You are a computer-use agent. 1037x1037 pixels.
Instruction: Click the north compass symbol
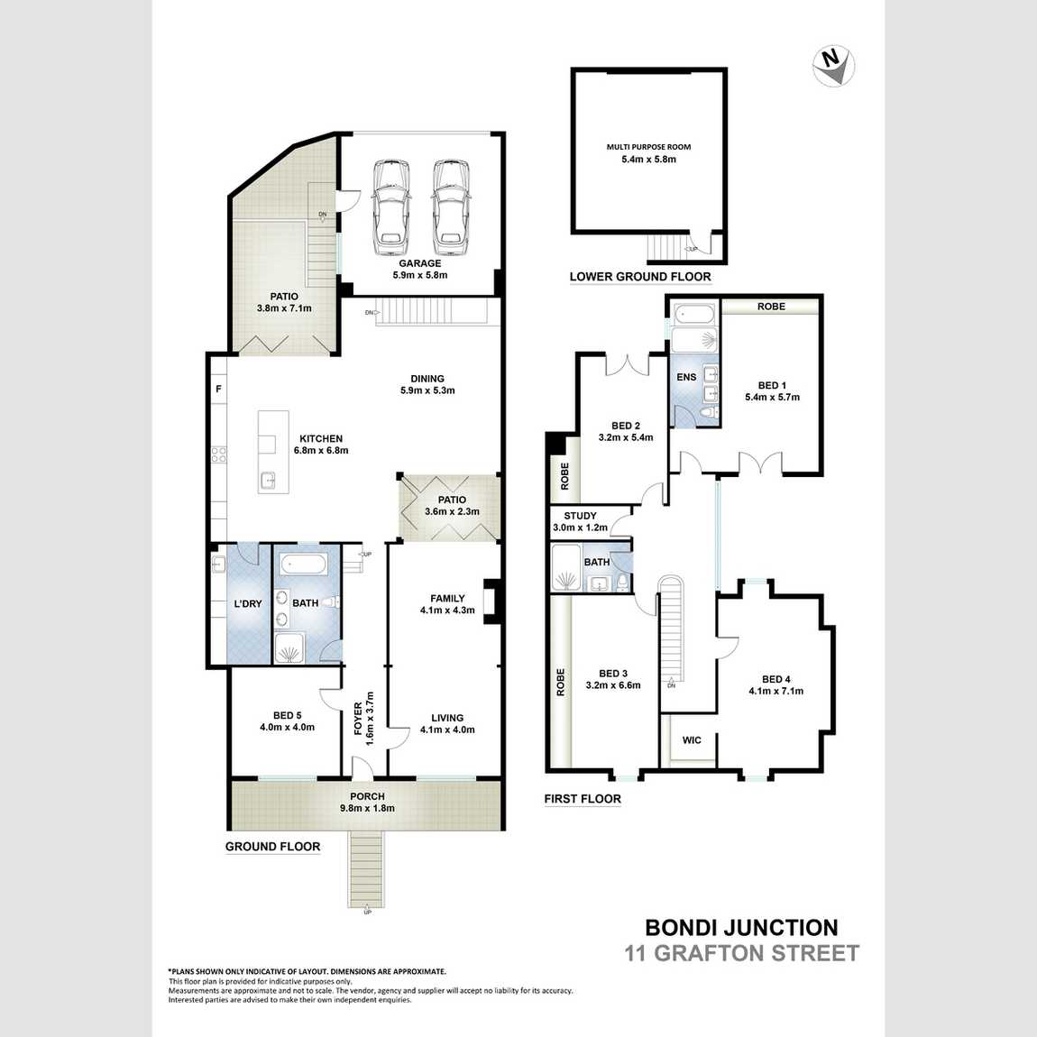click(x=833, y=66)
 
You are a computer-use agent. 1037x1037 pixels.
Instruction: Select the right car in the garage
click(x=451, y=207)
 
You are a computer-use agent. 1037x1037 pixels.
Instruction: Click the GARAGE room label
click(x=420, y=263)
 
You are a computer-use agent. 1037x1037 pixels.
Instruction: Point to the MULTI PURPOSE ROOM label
click(x=648, y=147)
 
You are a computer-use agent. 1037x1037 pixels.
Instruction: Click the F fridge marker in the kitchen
click(x=219, y=390)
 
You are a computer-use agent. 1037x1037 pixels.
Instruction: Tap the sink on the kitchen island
click(x=267, y=481)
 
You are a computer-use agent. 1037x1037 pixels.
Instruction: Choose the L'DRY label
click(x=248, y=604)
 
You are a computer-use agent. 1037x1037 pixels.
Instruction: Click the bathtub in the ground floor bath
click(x=304, y=564)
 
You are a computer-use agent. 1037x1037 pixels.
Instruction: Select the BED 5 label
click(x=287, y=716)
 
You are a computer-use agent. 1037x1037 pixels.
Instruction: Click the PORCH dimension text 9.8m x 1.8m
click(x=367, y=808)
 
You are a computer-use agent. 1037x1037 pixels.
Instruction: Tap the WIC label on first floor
click(x=692, y=740)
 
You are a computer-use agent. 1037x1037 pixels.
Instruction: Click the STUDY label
click(x=580, y=516)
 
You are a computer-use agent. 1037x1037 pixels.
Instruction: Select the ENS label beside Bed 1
click(x=686, y=377)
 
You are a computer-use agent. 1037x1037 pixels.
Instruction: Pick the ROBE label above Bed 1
click(x=771, y=307)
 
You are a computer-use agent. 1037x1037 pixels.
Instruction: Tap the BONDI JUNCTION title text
click(x=741, y=927)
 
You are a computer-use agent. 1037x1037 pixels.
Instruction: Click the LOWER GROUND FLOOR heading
click(x=640, y=277)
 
